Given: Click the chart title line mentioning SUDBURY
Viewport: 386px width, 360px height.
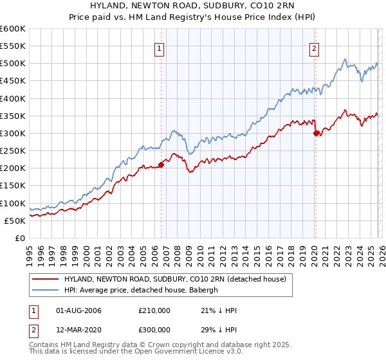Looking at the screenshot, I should point(192,6).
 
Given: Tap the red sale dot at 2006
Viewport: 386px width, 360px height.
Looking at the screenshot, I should point(161,165).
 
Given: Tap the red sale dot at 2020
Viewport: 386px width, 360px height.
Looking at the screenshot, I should point(316,133).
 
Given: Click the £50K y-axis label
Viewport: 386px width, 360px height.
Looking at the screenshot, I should point(15,221).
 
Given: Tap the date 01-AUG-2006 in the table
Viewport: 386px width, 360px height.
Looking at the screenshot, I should point(78,310).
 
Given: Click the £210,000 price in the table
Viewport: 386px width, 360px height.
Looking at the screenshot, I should point(154,310).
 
